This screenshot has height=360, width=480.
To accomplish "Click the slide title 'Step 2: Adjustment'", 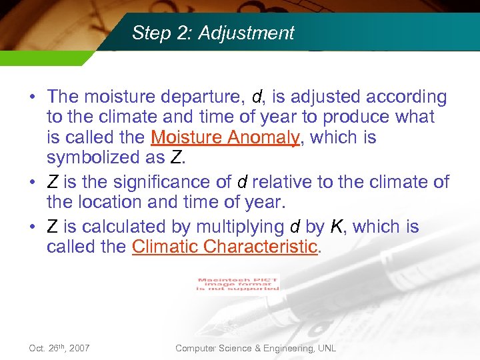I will tap(213, 33).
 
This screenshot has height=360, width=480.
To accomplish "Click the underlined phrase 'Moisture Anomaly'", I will tap(225, 138).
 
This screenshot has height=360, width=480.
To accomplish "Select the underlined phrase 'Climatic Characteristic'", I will tap(224, 247).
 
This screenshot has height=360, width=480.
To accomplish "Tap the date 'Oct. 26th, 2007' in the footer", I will tap(59, 348).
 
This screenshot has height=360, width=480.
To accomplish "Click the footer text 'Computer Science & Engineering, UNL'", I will tap(255, 348).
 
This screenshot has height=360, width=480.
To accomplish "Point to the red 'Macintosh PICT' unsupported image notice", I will tap(238, 283).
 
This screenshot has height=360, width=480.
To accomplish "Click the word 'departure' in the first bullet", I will tap(205, 97).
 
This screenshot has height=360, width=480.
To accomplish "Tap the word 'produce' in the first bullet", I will tap(354, 117).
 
